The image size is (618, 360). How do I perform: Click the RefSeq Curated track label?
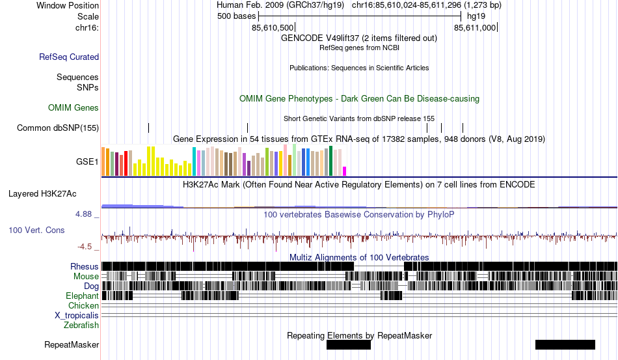[69, 57]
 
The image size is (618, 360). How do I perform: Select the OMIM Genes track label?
[74, 107]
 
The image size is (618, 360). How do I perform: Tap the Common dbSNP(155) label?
[58, 128]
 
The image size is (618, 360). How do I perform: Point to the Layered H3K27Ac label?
[42, 193]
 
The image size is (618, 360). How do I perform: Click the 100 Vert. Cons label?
[36, 230]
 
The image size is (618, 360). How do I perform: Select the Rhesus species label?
[85, 266]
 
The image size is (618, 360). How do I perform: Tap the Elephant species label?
[82, 296]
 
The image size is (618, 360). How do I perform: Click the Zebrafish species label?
[81, 325]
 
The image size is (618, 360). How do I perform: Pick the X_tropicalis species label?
[77, 315]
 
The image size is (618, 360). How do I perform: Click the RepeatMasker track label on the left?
[72, 344]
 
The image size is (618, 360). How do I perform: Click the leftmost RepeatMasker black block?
[348, 344]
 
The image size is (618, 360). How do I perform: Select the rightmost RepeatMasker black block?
[565, 344]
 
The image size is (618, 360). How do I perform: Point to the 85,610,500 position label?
[273, 28]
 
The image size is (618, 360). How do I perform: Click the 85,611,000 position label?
[475, 28]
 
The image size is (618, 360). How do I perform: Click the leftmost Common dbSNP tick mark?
[148, 128]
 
